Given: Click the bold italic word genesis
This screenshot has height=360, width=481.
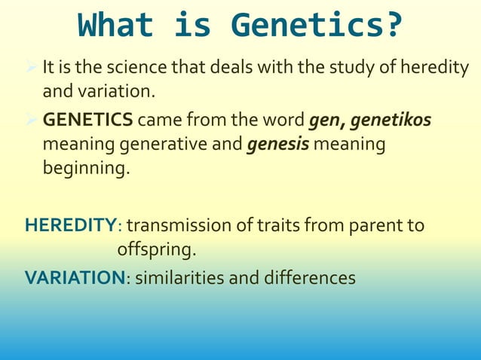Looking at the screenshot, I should click(274, 143).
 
